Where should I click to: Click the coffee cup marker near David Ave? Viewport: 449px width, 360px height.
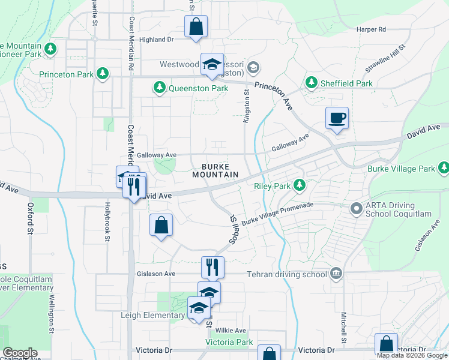(337, 118)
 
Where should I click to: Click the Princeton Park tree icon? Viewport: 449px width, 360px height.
(103, 74)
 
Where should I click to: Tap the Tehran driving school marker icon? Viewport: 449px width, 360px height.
(336, 274)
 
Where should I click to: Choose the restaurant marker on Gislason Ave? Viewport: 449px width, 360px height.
(212, 267)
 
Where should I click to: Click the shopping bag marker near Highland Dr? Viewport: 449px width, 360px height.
(196, 27)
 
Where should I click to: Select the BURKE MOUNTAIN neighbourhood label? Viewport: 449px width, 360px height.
(215, 170)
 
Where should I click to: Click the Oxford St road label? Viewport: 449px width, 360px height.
(29, 218)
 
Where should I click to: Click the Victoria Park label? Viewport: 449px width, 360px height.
(229, 342)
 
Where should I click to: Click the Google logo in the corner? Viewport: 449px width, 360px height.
(20, 353)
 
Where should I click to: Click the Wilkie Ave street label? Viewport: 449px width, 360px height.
(231, 331)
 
